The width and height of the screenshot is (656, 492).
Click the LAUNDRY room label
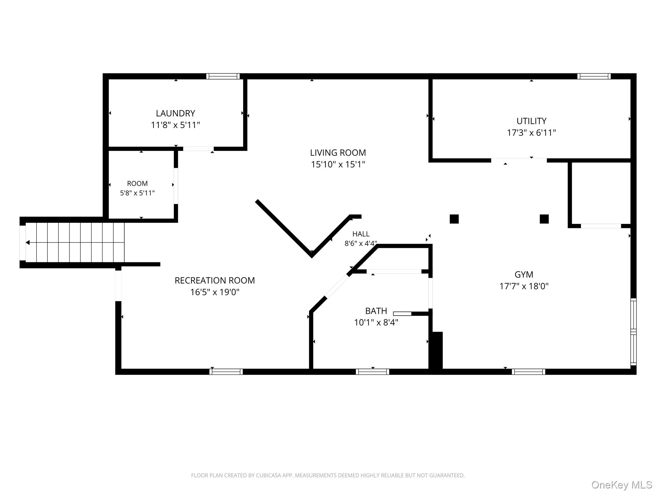pos(176,113)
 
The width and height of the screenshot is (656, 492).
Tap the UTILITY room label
pos(531,121)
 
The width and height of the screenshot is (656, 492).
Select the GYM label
pos(524,275)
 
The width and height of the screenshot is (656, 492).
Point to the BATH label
pos(376,311)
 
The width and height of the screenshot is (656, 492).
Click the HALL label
pos(361,234)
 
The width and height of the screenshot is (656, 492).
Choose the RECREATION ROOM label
pos(215,281)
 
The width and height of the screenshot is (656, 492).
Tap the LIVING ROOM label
pos(338,153)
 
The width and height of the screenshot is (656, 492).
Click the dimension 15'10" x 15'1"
pos(338,164)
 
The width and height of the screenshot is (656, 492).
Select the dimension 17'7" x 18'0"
pos(524,286)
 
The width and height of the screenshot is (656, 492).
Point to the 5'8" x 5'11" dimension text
pos(137,193)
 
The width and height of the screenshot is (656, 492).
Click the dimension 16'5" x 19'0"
pos(215,292)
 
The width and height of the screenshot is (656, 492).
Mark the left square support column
pos(454,219)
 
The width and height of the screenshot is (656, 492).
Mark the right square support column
pos(544,219)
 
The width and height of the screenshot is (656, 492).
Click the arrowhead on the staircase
pos(28,243)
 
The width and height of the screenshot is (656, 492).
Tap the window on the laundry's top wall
pos(223,76)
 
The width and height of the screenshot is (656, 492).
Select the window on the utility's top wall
pos(594,76)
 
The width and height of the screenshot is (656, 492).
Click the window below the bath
pos(373,372)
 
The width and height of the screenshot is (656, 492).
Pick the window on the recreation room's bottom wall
pos(226,372)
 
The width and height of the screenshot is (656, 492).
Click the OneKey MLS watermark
pos(622,485)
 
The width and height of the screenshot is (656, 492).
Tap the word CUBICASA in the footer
pos(269,476)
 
